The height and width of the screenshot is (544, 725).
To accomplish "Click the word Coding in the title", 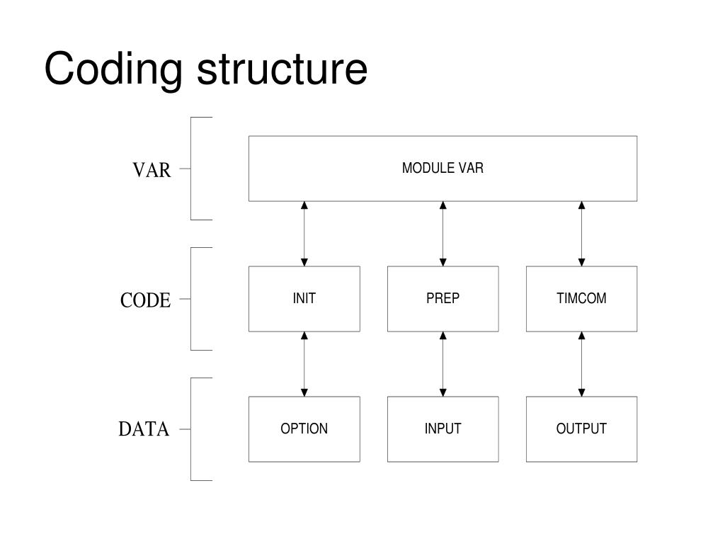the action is point(114,70).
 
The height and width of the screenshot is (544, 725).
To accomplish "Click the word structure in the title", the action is point(282,69).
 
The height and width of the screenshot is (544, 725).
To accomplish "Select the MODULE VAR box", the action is point(443,169).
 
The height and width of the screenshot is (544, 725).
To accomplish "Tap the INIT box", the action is point(304,299).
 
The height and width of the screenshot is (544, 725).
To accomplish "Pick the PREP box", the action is point(443,299).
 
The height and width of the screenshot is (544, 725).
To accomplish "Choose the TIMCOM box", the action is point(582,299).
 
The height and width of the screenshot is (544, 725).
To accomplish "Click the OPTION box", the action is point(304,429).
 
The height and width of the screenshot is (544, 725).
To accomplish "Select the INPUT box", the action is point(443,429).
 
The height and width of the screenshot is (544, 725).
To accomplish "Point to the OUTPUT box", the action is point(582,429).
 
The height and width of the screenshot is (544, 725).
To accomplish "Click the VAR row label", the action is point(152,170).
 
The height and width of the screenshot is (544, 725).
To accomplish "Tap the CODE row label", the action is point(145,300).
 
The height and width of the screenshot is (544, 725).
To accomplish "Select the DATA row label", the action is point(144,429).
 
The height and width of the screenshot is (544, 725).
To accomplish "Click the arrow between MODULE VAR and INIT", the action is point(304,234).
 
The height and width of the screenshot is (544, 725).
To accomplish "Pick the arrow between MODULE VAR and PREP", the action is point(443,234).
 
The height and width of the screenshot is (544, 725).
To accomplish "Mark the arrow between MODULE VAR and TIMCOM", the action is point(582,234).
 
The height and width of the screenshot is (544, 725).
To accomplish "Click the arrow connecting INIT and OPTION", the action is point(304,364).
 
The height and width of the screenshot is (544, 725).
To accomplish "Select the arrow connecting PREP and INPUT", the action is point(443,364).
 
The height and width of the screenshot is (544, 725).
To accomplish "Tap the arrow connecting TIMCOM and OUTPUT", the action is point(582,364).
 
